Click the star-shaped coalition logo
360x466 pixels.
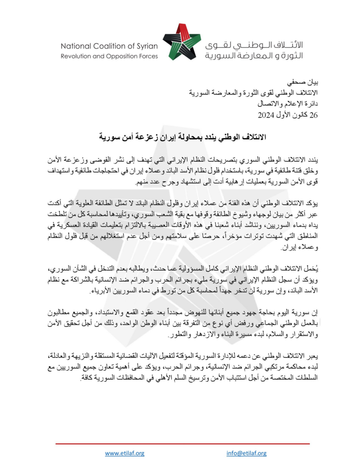(181, 42)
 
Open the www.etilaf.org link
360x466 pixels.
(124, 453)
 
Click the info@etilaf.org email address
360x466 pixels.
(246, 453)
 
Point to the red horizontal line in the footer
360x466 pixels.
(182, 443)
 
